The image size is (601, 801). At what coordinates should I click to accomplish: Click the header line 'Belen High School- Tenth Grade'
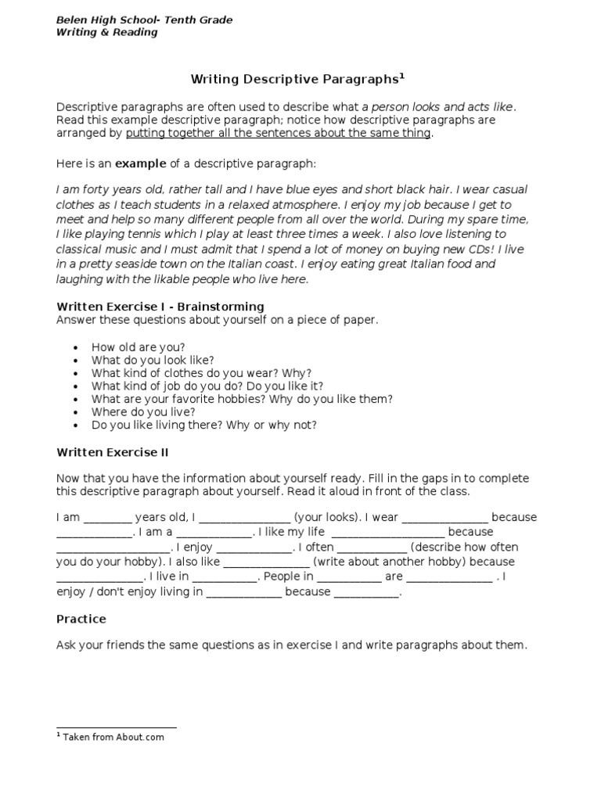point(144,20)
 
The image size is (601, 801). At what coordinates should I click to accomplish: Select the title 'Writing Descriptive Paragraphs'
point(294,79)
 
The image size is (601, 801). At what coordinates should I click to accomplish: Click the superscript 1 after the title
point(402,76)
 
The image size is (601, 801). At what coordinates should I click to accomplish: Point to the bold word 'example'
point(141,163)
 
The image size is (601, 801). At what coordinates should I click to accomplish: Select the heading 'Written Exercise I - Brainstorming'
point(160,307)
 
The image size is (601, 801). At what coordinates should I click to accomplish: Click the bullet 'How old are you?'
point(138,347)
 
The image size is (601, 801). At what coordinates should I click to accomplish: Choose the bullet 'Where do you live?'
point(143,412)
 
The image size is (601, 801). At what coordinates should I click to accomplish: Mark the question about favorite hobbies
point(242,399)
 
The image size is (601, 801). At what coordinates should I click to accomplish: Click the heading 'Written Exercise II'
point(112,452)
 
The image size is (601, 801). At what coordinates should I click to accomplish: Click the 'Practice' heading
point(81,619)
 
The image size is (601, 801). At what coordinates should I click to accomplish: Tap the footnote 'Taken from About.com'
point(113,737)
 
